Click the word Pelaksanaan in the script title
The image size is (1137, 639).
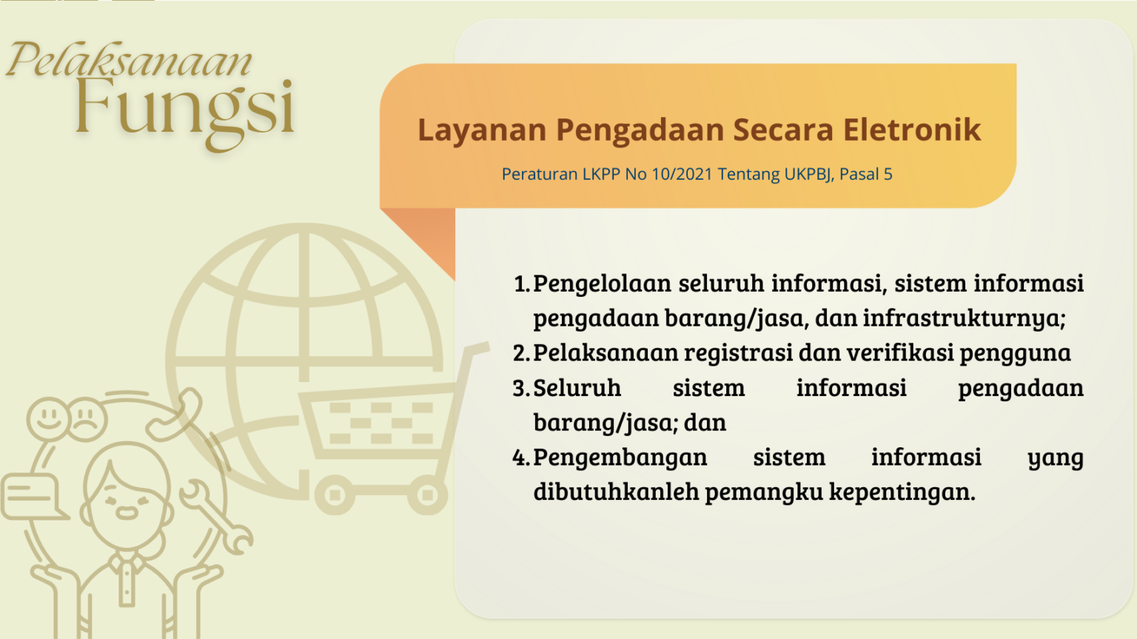click(129, 60)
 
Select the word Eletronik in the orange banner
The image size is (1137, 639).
click(912, 130)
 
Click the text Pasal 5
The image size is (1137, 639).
click(865, 174)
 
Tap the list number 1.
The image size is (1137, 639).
click(522, 284)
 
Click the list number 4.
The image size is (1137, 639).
click(521, 458)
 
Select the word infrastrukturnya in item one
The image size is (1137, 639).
click(964, 318)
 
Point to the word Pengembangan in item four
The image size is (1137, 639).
click(620, 458)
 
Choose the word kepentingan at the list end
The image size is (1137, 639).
click(902, 492)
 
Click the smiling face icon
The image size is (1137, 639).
click(48, 419)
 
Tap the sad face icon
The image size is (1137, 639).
click(87, 419)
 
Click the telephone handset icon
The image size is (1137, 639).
click(174, 414)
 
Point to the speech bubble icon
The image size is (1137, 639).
click(33, 497)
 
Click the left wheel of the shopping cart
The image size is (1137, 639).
click(335, 495)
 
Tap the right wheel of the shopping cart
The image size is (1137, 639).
click(427, 495)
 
